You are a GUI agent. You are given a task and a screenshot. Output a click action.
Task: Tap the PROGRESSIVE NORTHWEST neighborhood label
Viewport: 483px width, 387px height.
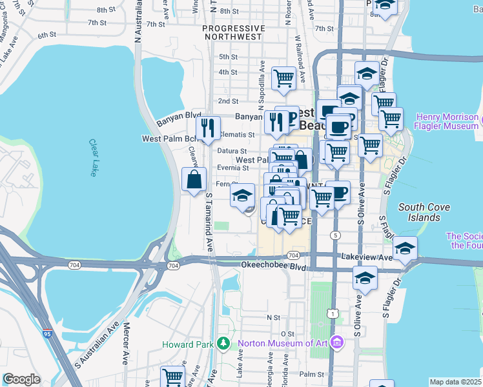pos(233,33)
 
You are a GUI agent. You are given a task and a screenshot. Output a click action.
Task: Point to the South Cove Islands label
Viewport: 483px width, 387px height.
pos(419,212)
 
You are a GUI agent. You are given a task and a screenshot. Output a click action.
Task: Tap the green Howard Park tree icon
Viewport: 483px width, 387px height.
pos(223,343)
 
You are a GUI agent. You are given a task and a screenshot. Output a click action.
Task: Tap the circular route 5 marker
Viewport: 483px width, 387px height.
pos(335,235)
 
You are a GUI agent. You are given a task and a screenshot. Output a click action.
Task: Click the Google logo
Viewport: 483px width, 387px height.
pos(21,379)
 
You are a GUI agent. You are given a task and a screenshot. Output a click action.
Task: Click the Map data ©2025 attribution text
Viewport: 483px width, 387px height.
pos(455,382)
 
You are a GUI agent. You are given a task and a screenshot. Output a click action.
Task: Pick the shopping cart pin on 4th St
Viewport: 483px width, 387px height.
pos(283,78)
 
